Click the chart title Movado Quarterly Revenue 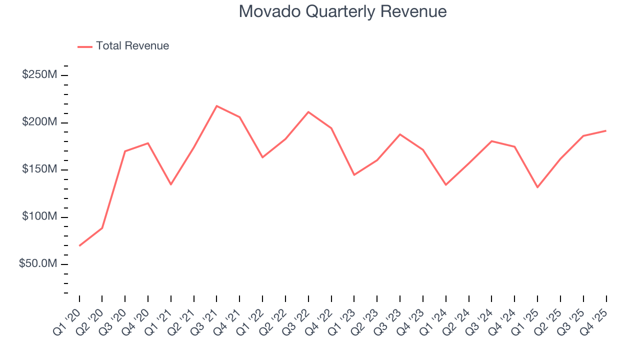pyautogui.click(x=342, y=11)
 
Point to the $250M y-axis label pyautogui.click(x=39, y=75)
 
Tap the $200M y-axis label pyautogui.click(x=39, y=122)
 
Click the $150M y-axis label pyautogui.click(x=39, y=169)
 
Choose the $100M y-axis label pyautogui.click(x=39, y=217)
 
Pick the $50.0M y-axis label pyautogui.click(x=38, y=264)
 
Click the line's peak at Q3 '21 pyautogui.click(x=216, y=106)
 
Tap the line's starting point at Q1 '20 pyautogui.click(x=79, y=245)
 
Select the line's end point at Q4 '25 pyautogui.click(x=606, y=130)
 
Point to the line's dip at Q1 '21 pyautogui.click(x=171, y=184)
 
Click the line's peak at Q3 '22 pyautogui.click(x=308, y=112)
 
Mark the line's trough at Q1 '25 pyautogui.click(x=537, y=187)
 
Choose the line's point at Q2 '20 pyautogui.click(x=102, y=228)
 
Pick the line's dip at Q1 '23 pyautogui.click(x=354, y=175)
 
